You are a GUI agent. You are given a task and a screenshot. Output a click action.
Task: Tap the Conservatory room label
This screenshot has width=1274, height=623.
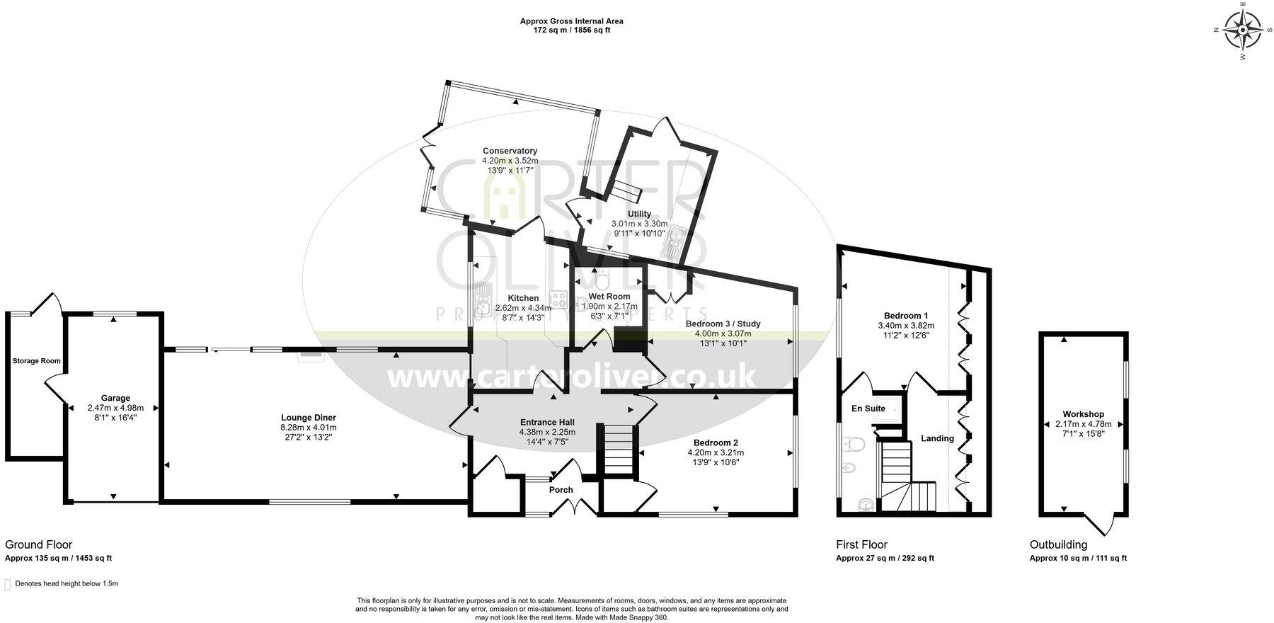coord(510,151)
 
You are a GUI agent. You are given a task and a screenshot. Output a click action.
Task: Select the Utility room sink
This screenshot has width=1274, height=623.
coord(672,241)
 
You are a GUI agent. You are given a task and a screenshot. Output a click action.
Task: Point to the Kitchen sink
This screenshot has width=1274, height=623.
coord(484,298)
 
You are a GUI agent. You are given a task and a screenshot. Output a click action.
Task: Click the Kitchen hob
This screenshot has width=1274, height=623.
coord(558,299)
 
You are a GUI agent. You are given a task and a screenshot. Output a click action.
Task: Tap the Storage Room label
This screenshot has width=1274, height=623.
coord(36,361)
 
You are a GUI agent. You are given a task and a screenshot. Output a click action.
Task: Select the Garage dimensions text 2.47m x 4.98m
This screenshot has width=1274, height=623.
coord(115,408)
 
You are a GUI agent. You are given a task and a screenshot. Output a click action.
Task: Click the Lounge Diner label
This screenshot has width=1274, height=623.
coord(308,418)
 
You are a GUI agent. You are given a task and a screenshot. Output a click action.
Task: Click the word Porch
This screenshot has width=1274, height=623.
coord(561,490)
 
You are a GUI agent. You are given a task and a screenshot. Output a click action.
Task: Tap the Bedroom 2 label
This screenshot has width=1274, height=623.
coord(715,442)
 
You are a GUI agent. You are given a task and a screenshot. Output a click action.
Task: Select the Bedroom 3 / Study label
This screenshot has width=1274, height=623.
coord(723,324)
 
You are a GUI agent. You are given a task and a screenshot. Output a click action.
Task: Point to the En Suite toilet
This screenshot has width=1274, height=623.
coord(854,445)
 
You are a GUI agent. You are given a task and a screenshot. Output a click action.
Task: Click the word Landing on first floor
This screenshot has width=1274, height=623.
coord(937,438)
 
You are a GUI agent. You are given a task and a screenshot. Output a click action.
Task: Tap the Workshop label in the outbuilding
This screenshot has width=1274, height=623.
coord(1083,414)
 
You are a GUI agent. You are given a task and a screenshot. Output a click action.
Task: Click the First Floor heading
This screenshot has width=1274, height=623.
coord(861,544)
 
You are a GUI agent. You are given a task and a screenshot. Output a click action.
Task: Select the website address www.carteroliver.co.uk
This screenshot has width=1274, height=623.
coord(572,377)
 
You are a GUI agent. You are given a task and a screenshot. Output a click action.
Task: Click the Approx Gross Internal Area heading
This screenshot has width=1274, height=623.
coord(571,21)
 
